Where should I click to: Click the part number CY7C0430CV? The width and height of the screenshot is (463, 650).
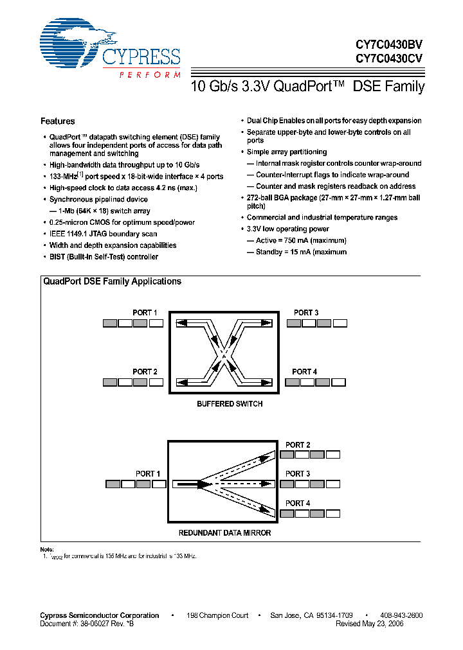[389, 58]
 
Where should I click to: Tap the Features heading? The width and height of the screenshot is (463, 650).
[58, 121]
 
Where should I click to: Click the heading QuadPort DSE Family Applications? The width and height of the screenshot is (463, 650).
[112, 281]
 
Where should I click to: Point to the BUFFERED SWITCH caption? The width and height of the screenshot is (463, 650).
[230, 404]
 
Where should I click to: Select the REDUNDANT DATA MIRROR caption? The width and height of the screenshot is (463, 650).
[224, 533]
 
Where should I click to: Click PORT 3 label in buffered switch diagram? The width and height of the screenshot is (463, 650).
[306, 313]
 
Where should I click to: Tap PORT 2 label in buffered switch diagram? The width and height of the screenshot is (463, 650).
[145, 372]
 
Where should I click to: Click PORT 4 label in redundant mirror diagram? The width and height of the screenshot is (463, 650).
[298, 503]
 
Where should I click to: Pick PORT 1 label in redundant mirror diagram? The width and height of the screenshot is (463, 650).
[148, 474]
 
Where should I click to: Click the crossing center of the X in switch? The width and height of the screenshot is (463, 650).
[223, 352]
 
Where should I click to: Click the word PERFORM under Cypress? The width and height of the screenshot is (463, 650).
[150, 75]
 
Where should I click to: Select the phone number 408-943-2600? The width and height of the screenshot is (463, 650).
[401, 615]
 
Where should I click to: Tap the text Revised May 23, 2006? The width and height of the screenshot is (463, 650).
[370, 624]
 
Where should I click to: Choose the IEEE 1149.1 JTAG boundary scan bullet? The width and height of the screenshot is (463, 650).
[104, 234]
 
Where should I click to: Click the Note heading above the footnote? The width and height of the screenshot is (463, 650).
[47, 549]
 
